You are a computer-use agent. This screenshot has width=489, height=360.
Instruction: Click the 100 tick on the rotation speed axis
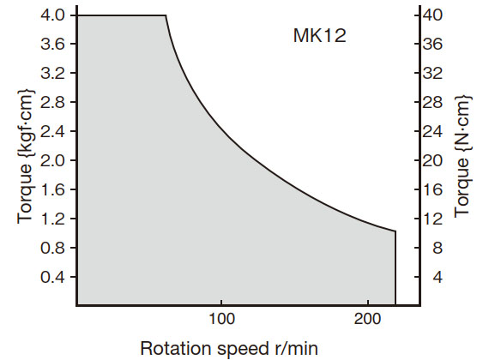coord(222,316)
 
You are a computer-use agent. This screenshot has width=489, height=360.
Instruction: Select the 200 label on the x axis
coord(368,316)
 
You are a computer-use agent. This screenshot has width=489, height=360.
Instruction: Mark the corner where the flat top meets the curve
coord(165,15)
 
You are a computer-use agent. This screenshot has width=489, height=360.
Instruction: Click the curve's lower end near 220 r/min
coord(395,231)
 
